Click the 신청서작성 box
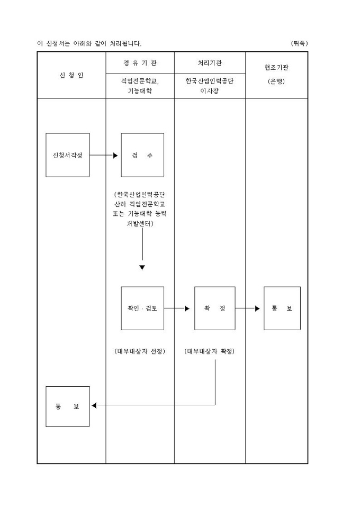68,155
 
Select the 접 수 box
142,155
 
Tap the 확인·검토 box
142,308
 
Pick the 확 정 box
214,308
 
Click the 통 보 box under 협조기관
282,308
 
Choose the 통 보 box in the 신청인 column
68,406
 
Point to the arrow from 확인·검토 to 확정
177,308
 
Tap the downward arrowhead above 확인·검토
142,268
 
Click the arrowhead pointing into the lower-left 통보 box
94,406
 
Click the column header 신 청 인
71,75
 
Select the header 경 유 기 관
140,63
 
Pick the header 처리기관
210,63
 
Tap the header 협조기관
276,68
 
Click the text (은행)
276,81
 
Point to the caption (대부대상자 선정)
140,351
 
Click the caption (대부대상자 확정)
210,351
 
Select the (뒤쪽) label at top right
299,43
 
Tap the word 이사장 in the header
210,90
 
